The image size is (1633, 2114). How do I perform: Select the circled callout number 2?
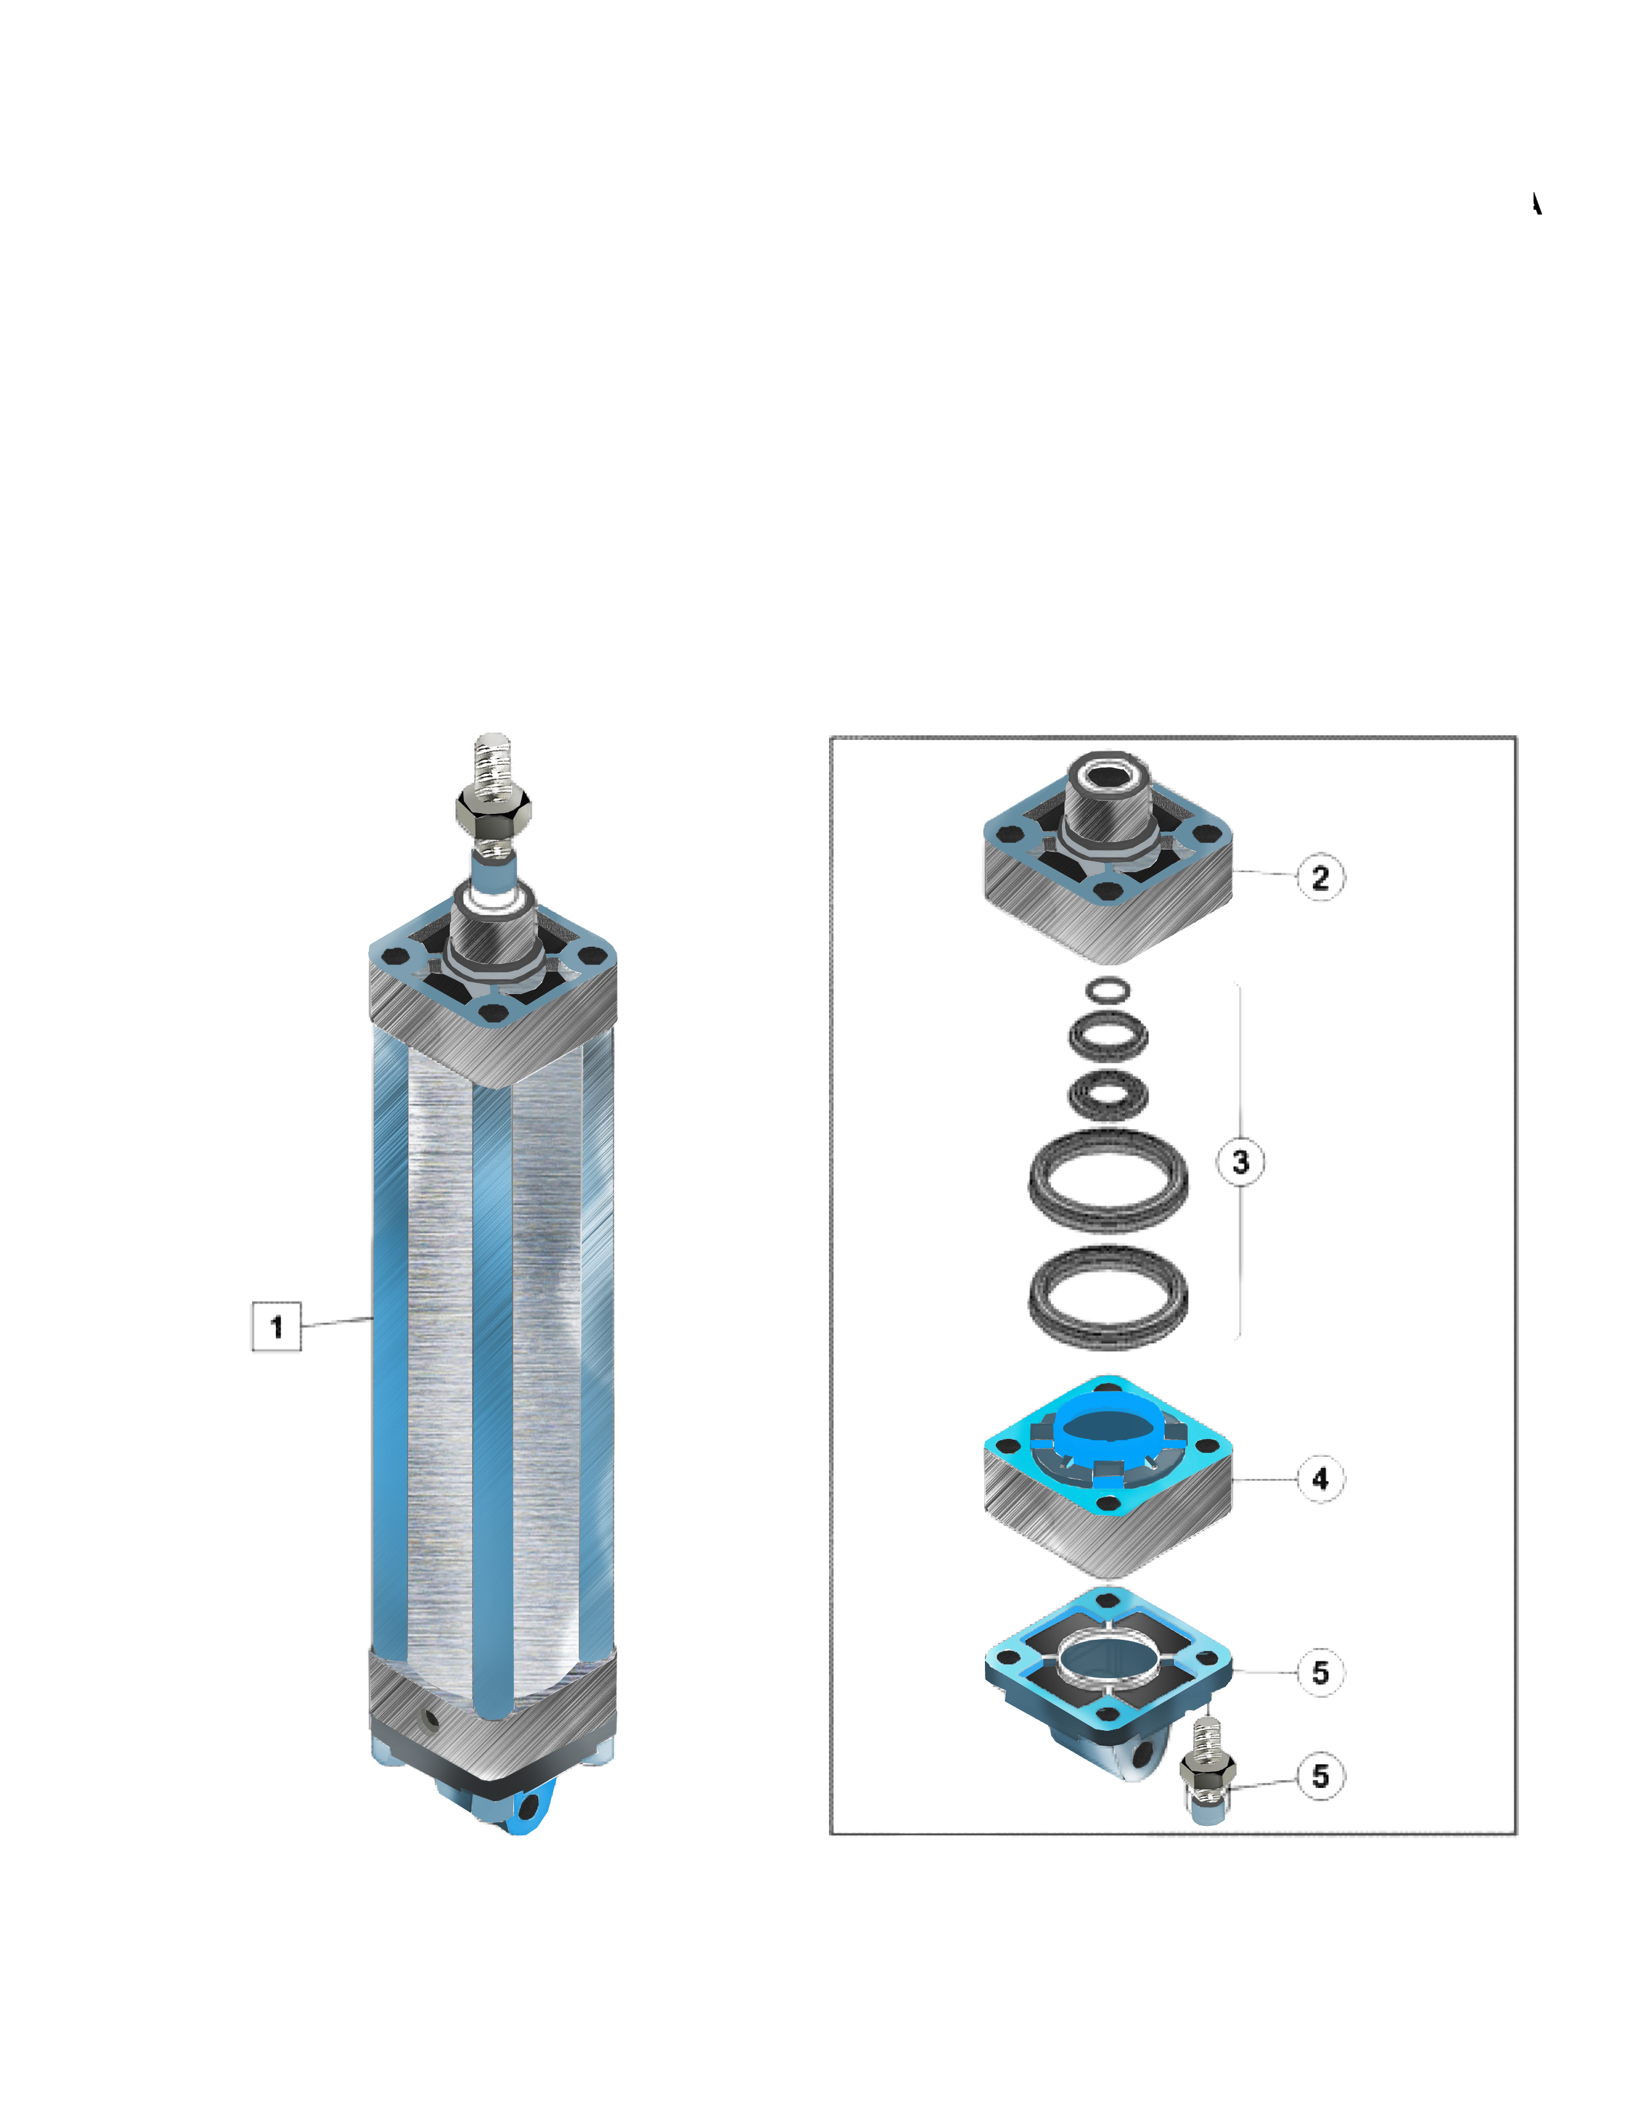click(x=1321, y=877)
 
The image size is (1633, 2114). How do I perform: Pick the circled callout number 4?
click(x=1321, y=1478)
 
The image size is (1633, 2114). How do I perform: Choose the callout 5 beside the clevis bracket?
click(x=1321, y=1672)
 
